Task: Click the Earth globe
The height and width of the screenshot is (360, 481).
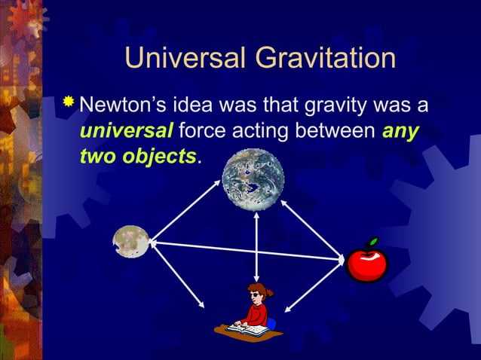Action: point(253,180)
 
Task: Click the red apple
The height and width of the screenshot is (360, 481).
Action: point(367,262)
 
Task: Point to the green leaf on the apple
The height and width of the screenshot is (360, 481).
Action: point(372,243)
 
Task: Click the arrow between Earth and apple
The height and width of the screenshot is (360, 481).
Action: point(313,230)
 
